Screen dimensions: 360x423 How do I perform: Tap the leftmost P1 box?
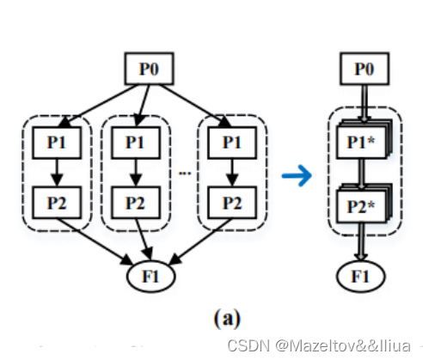coord(55,143)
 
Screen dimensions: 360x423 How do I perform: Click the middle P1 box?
coord(133,143)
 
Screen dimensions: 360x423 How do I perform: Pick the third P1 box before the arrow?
coord(228,143)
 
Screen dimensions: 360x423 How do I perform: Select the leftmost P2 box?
coord(55,204)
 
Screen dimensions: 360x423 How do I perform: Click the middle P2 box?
coord(133,204)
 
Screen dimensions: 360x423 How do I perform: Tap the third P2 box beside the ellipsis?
coord(228,204)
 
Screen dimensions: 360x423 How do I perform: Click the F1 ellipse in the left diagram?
coord(152,277)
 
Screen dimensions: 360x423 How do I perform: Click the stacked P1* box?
coord(361,142)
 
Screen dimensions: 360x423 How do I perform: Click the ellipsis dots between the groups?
coord(183,172)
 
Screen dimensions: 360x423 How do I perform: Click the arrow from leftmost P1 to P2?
coord(55,173)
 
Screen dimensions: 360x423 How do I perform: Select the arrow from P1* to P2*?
coord(362,172)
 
